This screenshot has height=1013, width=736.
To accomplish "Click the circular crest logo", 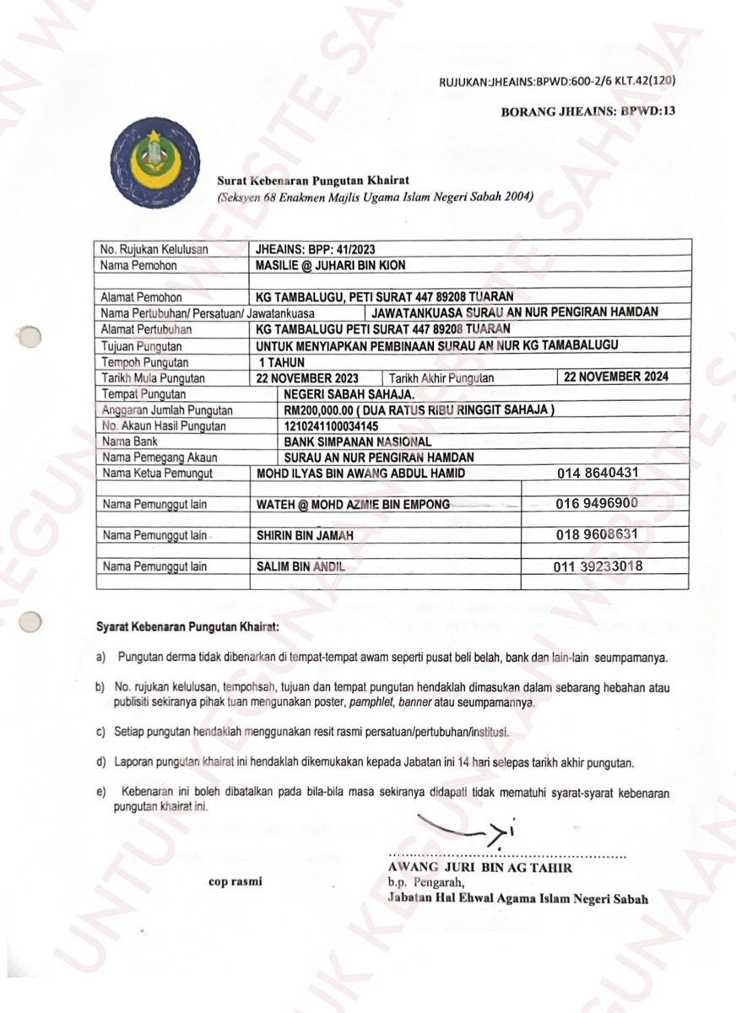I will (156, 163).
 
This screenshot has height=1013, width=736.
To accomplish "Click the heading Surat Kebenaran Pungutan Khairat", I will (313, 180).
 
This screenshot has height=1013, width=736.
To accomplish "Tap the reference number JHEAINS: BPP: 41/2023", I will (316, 249).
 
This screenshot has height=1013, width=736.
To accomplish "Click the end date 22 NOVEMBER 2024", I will (616, 377).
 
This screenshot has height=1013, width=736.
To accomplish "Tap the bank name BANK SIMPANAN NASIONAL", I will (358, 441).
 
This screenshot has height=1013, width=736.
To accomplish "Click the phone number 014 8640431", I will (598, 474).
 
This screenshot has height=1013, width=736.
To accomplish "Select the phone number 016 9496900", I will (597, 504).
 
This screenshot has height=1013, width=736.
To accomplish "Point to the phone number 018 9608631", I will (597, 534).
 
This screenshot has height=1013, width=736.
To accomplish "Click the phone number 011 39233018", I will (601, 566).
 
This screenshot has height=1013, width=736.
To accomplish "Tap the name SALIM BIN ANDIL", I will (300, 567).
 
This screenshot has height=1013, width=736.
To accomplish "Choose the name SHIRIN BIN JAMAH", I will (305, 536).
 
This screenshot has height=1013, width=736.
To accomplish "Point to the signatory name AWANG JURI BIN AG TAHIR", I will (479, 868).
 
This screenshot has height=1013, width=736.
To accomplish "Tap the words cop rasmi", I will (235, 880).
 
